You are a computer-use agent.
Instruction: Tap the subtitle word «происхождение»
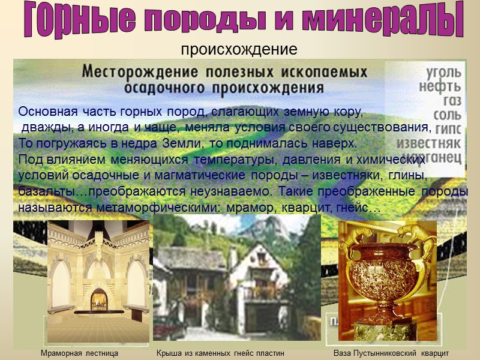pyautogui.click(x=239, y=49)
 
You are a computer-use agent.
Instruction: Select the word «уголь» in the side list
pyautogui.click(x=443, y=74)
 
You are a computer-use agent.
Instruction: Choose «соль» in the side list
pyautogui.click(x=445, y=115)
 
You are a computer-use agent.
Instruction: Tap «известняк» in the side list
pyautogui.click(x=429, y=143)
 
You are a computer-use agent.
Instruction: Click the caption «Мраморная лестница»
pyautogui.click(x=79, y=353)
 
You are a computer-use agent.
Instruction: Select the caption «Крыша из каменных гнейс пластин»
pyautogui.click(x=220, y=353)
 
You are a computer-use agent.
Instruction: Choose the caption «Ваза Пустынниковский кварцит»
pyautogui.click(x=391, y=353)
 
